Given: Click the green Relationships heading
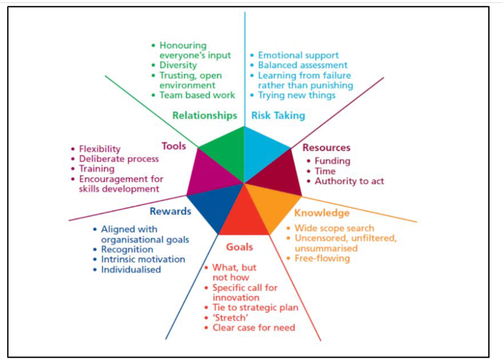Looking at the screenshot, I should click(x=204, y=115).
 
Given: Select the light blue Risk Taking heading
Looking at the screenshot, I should click(x=278, y=115).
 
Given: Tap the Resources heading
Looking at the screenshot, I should click(x=326, y=148).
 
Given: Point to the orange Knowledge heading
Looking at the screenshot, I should click(x=321, y=213).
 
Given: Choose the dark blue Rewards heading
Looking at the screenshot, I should click(x=170, y=211).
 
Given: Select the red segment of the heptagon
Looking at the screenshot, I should click(x=244, y=217).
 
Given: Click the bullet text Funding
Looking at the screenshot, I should click(x=333, y=161).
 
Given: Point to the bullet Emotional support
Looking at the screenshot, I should click(x=299, y=55).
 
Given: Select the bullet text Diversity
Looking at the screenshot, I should click(x=178, y=65).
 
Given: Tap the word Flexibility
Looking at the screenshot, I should click(x=100, y=149).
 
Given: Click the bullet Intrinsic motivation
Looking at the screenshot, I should click(x=143, y=259).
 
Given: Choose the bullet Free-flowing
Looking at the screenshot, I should click(x=322, y=258).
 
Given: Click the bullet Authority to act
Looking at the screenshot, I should click(x=349, y=181).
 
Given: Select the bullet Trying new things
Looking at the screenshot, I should click(x=297, y=95).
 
